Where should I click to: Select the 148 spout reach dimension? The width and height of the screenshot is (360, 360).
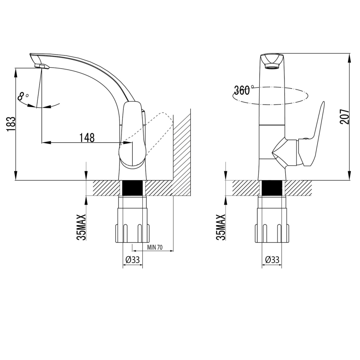point(88,137)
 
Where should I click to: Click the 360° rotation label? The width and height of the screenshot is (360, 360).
point(243,90)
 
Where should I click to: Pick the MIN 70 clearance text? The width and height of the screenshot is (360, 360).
point(154,248)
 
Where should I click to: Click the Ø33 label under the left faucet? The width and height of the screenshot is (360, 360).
point(132,260)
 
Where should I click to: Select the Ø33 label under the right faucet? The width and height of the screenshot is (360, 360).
point(272,260)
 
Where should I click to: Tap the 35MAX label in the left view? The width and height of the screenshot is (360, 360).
point(82,227)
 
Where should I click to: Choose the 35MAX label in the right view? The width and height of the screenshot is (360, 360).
point(221,227)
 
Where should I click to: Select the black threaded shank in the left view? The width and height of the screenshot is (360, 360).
point(133,188)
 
